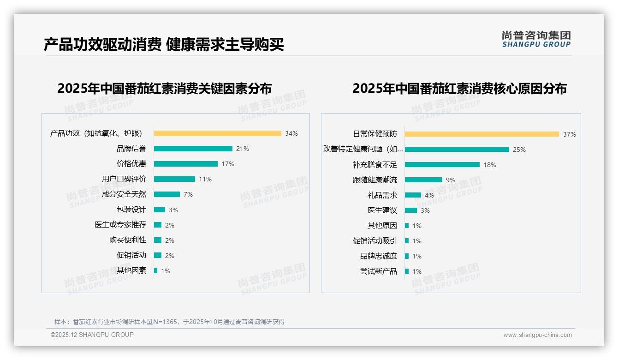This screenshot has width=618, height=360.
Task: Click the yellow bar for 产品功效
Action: coord(217,133)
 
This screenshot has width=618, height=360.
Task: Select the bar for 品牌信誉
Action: coord(193,149)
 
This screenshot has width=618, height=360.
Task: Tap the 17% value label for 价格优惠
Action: coord(228,164)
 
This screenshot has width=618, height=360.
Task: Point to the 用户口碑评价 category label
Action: coord(124,179)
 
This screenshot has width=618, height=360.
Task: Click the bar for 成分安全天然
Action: coord(166,194)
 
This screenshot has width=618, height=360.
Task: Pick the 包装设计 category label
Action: coord(131,210)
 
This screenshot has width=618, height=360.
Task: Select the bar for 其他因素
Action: coord(155,270)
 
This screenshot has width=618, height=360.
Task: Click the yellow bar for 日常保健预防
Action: coord(481,134)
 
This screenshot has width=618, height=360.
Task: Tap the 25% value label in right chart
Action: coord(519,150)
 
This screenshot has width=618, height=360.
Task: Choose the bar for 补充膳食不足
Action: coord(442,165)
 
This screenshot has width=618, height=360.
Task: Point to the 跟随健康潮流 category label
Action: coord(374,180)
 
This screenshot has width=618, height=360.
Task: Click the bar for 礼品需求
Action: coord(413,195)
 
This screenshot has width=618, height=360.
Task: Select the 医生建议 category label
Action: coord(382,210)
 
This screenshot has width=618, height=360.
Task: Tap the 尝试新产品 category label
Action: coord(378,271)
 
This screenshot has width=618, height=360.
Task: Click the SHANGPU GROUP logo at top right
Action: coord(536,39)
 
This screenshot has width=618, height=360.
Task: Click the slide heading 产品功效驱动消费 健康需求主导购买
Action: coord(164,44)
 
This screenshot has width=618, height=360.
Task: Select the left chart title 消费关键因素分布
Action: coord(165,88)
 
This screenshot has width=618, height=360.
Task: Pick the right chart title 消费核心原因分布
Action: coord(459,88)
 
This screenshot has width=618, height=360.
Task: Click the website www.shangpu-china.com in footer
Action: coord(537,335)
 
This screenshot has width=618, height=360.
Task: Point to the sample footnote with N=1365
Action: coord(169,322)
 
